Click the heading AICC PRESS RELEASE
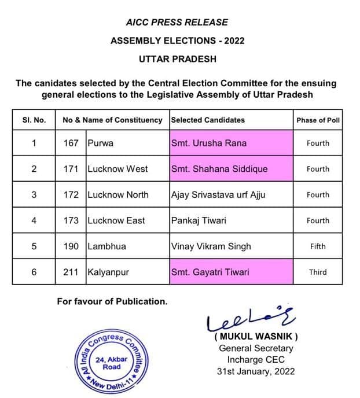coord(177,23)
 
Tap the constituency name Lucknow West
coord(117,169)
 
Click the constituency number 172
coord(71,195)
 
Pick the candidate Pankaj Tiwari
coord(199,220)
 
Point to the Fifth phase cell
coord(318,246)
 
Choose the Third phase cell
coord(318,272)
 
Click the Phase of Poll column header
coord(318,120)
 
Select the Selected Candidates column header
coord(208,120)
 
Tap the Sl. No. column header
coord(34,120)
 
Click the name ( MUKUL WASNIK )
coord(256,337)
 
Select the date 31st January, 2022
coord(256,371)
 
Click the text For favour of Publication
coord(112,301)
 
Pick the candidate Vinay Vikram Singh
coord(211,246)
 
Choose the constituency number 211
coord(71,272)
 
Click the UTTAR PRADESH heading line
coord(177,59)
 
